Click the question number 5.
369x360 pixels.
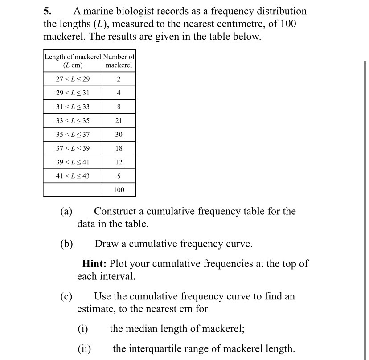48,11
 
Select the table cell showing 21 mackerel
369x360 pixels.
119,121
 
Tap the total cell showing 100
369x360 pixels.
119,190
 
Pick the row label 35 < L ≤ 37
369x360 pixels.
73,135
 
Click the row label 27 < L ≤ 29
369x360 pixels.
73,79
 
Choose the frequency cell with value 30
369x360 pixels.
119,135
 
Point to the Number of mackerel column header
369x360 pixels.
119,61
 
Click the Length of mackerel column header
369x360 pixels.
73,61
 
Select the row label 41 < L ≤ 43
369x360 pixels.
73,176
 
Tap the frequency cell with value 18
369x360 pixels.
119,148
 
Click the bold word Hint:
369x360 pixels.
94,264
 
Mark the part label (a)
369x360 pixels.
66,211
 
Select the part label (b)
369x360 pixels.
66,244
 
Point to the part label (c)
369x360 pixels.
66,296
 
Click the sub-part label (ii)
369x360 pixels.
84,349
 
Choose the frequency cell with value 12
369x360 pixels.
119,162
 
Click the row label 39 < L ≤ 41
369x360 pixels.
73,162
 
